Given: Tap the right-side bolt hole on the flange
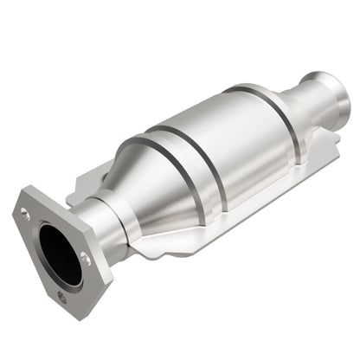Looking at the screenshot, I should point(85,256).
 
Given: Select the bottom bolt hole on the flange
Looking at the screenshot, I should point(62,295).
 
